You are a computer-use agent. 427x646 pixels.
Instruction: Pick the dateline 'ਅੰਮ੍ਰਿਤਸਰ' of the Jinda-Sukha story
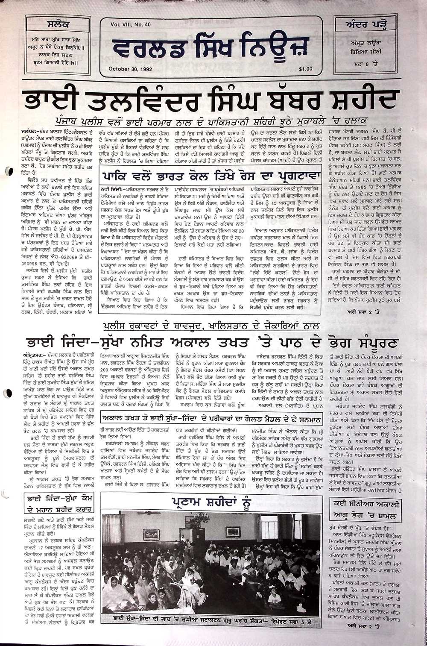[x=34, y=355]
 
